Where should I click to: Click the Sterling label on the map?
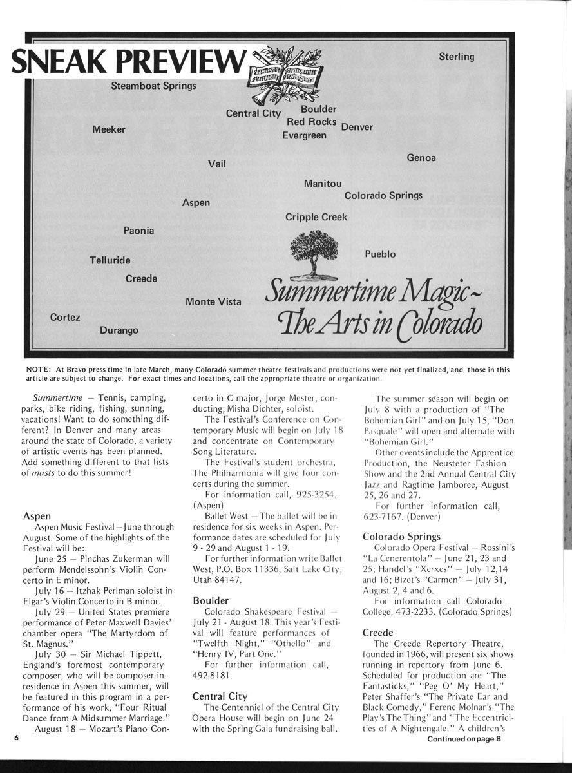click(x=456, y=57)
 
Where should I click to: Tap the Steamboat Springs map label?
click(x=153, y=86)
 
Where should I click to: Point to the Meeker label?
click(x=109, y=129)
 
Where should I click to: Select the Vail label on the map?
click(x=217, y=164)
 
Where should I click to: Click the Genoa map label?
click(x=421, y=158)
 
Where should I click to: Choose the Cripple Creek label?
click(x=316, y=217)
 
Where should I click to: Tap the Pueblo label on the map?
click(x=380, y=254)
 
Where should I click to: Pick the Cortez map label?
click(x=65, y=317)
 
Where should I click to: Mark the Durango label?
click(x=119, y=330)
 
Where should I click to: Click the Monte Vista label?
click(x=213, y=301)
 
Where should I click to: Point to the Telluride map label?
click(x=110, y=260)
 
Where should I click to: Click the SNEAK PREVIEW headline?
click(x=129, y=62)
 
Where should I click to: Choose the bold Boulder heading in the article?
click(x=210, y=600)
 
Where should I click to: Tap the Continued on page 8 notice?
click(x=463, y=739)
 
